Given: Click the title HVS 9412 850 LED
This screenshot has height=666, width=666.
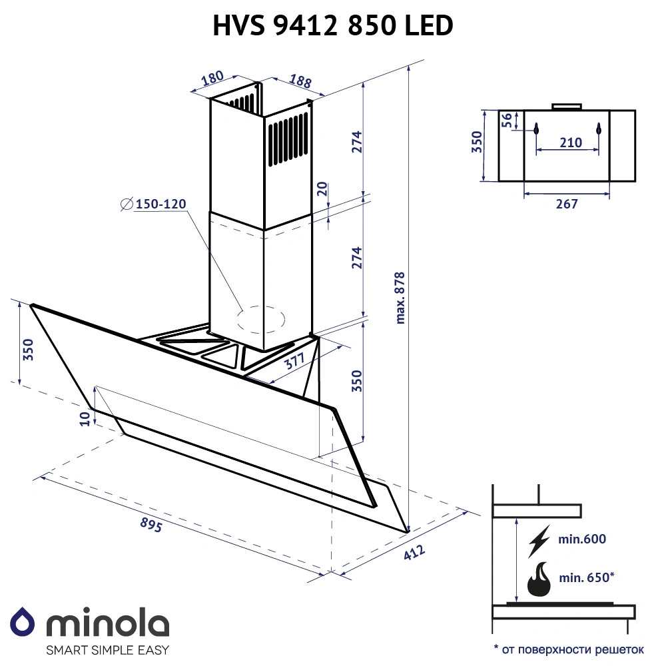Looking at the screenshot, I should tap(333, 25).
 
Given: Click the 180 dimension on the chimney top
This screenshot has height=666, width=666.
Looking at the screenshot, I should tap(212, 79).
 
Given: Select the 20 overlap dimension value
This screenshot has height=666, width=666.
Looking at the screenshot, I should tap(322, 189).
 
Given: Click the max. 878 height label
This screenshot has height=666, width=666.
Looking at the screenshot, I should tap(400, 297).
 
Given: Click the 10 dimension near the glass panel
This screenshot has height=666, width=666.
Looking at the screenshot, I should tap(84, 417).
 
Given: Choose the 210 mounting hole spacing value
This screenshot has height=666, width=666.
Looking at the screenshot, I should tap(570, 142).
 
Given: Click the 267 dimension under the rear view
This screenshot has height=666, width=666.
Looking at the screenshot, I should tap(566, 204).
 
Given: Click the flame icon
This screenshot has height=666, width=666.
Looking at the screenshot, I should tap(539, 580).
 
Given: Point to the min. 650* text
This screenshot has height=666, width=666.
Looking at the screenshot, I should tap(585, 577).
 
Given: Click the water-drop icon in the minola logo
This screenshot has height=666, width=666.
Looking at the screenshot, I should tap(24, 622).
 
